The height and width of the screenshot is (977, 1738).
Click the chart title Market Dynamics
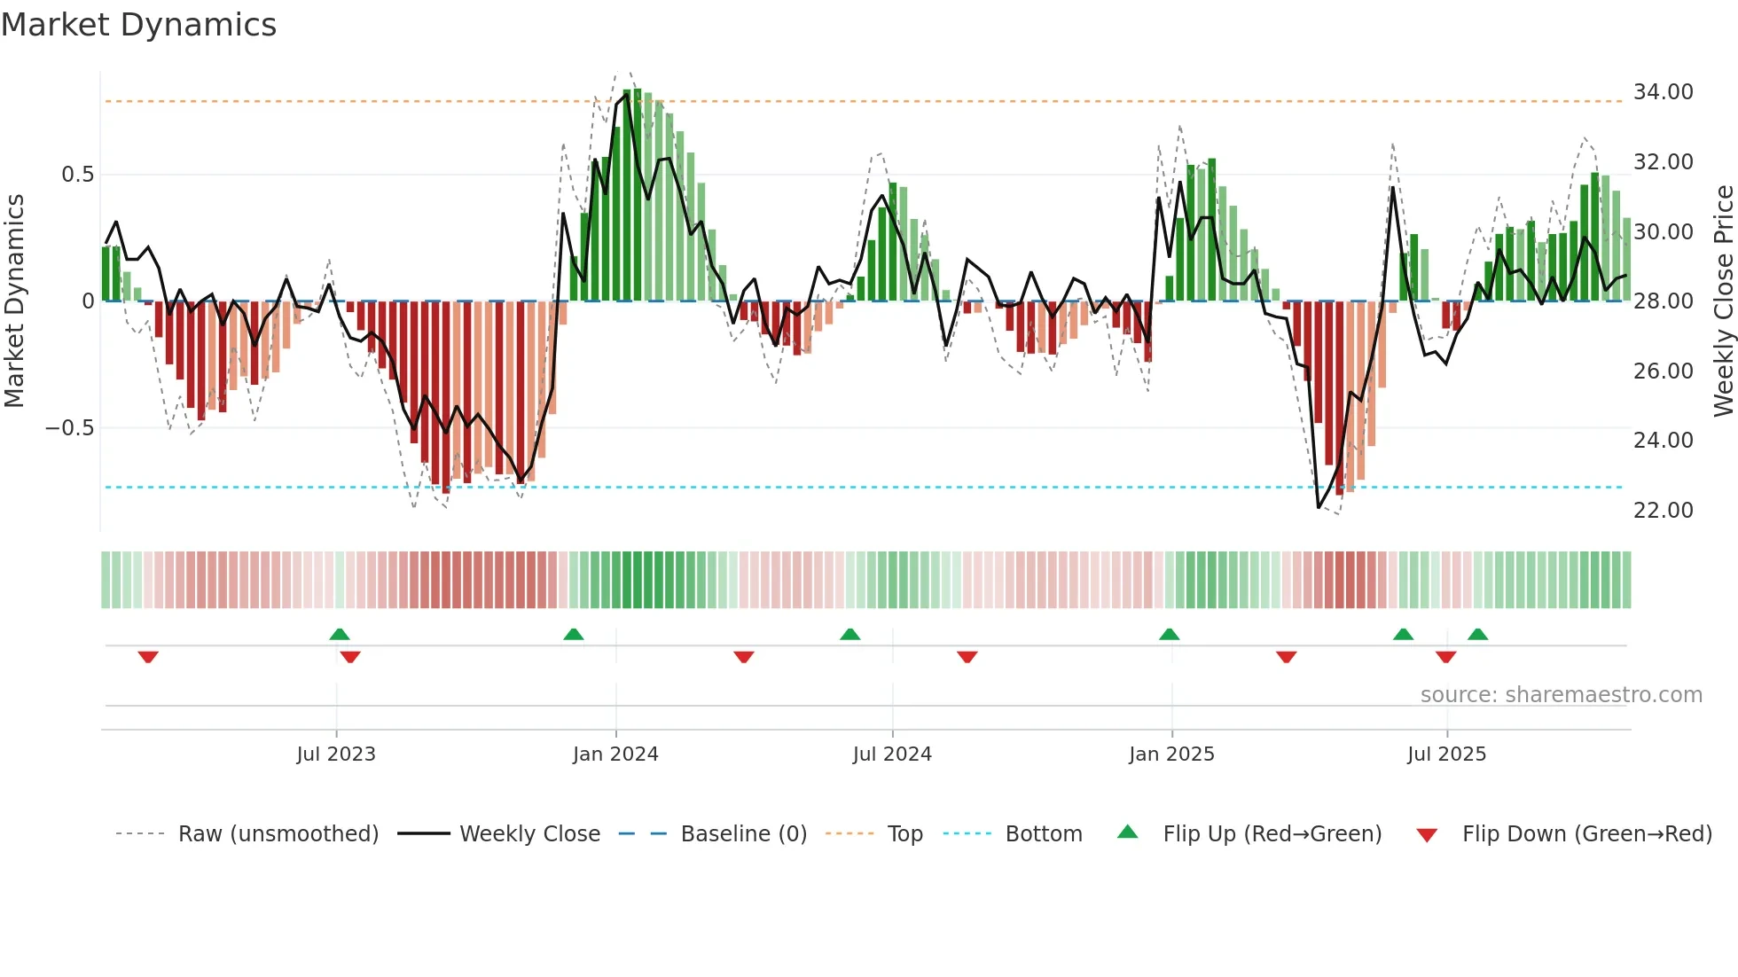(x=139, y=25)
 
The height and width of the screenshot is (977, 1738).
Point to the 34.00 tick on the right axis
(x=1663, y=92)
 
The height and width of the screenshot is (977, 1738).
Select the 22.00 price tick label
(x=1663, y=511)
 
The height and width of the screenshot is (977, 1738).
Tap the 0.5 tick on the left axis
(x=77, y=175)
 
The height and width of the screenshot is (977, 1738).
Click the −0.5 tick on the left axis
(x=69, y=428)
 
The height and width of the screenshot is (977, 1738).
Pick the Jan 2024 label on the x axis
(x=615, y=754)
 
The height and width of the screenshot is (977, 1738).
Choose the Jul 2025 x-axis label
(x=1446, y=754)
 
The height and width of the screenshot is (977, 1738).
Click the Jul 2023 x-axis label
(x=336, y=754)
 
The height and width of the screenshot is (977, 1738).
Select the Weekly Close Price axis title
(x=1723, y=301)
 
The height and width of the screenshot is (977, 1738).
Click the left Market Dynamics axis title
(x=15, y=301)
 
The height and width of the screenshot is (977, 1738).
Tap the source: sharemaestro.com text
(x=1561, y=695)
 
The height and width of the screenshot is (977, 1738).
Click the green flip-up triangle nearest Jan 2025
(x=1169, y=635)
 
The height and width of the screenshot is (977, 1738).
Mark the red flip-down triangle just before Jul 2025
(x=1445, y=657)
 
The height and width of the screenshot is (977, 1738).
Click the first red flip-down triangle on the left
(x=148, y=657)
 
